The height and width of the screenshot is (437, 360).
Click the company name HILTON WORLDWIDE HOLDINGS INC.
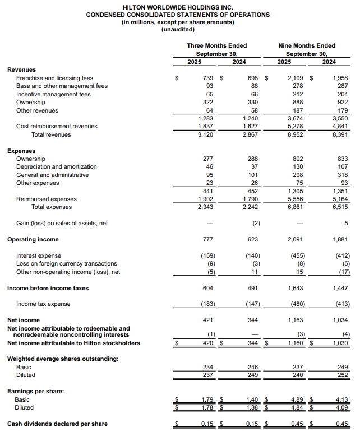pos(178,7)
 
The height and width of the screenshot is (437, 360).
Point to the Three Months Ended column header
pos(216,46)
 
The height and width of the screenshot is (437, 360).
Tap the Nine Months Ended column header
pos(306,46)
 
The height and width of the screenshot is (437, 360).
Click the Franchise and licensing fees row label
pos(54,78)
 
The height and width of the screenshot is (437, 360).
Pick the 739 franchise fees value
pos(209,78)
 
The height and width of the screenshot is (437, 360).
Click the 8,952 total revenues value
pos(296,134)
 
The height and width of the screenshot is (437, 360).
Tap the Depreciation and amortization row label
pos(56,167)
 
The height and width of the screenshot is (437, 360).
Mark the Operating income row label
pos(33,240)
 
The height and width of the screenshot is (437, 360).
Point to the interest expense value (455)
pos(296,255)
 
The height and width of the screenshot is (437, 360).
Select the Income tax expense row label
pos(43,304)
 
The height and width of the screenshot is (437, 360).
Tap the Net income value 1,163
pos(296,320)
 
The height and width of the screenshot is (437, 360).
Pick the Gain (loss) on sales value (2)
pos(253,224)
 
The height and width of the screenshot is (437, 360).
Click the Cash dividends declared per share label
pos(57,424)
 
